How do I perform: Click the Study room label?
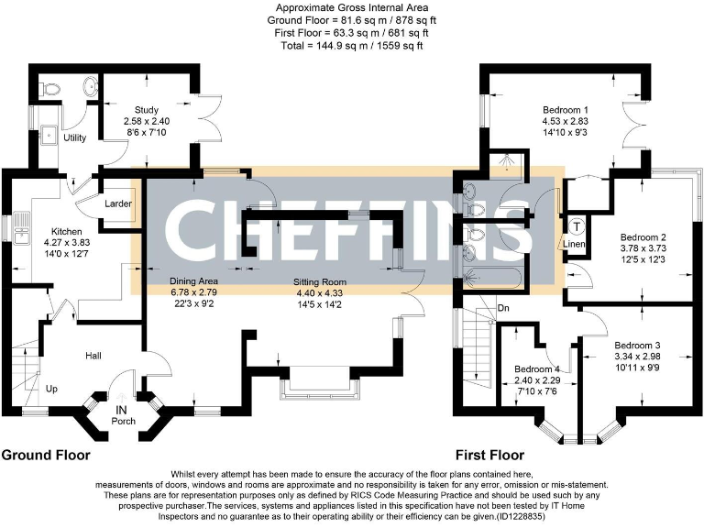(146, 108)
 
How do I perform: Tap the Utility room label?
(74, 138)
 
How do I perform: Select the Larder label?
(117, 203)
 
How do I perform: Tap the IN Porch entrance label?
(121, 415)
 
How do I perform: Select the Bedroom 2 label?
(644, 234)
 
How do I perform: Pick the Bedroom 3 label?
(638, 346)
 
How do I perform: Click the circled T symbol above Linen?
(576, 226)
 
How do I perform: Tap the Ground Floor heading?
(45, 455)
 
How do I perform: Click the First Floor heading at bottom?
(489, 455)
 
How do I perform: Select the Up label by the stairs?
(52, 389)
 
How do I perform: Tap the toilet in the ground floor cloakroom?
(52, 90)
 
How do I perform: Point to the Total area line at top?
(351, 45)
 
